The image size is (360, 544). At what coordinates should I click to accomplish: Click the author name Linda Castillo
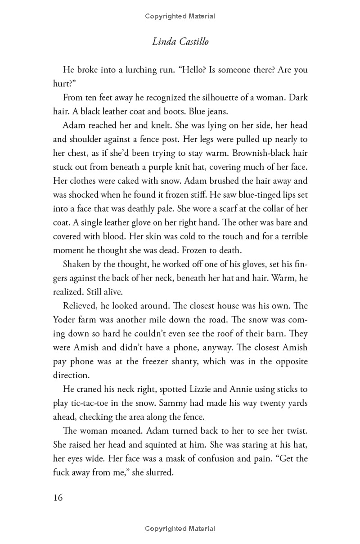(180, 42)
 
